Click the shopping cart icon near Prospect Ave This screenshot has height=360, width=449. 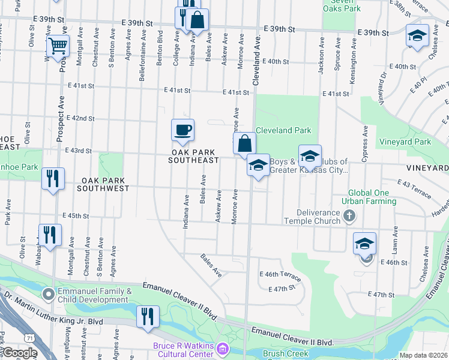(58, 46)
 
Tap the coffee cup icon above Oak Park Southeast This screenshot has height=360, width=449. (182, 130)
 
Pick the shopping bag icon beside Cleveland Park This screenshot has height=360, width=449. (244, 143)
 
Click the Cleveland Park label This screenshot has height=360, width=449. (283, 130)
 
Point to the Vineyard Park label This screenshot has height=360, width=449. (405, 142)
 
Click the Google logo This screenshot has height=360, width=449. (20, 353)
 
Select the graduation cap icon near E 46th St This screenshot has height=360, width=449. (364, 244)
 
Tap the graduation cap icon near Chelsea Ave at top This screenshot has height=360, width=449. (417, 35)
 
